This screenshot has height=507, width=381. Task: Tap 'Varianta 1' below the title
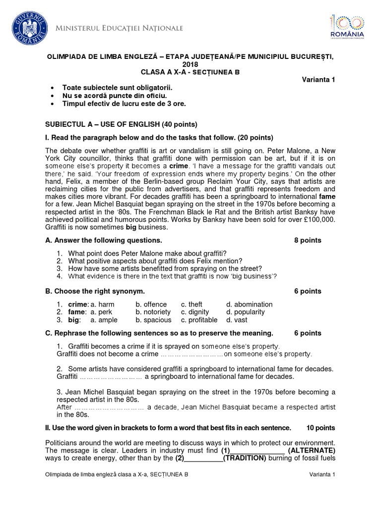point(318,80)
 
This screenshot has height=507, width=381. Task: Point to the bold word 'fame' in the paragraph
point(326,196)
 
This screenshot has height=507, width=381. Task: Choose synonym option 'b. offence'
point(151,304)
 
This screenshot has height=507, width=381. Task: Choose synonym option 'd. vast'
point(237,320)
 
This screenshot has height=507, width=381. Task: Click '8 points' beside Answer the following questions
point(308,240)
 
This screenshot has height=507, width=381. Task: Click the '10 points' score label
point(320,427)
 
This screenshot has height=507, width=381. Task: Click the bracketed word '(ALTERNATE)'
point(312,450)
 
